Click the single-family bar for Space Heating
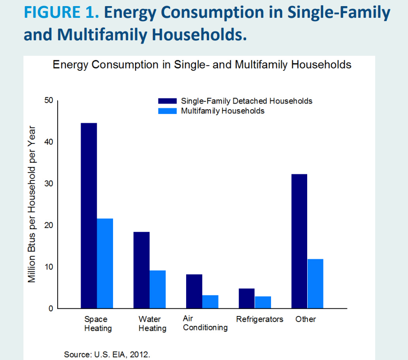[x=89, y=216]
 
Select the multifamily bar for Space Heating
[x=105, y=263]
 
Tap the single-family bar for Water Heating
[x=141, y=270]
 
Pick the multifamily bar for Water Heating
[x=158, y=289]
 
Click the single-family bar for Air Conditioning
[x=194, y=291]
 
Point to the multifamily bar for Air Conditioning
[x=210, y=301]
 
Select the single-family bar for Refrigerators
[x=247, y=298]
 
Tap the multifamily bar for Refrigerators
[x=263, y=302]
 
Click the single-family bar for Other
[x=299, y=241]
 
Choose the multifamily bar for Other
[x=315, y=284]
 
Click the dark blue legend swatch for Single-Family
[x=167, y=101]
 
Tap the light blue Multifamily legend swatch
[x=167, y=111]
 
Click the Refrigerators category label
[x=260, y=319]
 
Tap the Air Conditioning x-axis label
[x=205, y=323]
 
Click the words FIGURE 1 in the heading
[x=61, y=13]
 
